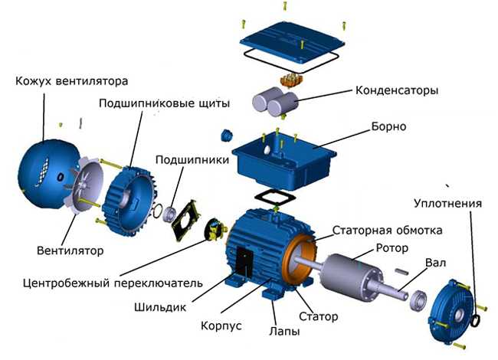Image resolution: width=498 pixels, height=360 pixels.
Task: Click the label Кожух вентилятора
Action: pos(71,81)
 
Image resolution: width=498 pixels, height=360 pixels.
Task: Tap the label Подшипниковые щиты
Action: pos(164,103)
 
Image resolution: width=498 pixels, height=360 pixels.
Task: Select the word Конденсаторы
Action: pos(397,90)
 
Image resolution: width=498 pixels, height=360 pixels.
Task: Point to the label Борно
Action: pos(388,126)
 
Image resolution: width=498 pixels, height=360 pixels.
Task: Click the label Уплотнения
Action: pos(448,203)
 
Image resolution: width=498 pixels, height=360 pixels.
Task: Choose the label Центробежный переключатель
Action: pos(113,283)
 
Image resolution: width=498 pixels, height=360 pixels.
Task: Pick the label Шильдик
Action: pos(160,307)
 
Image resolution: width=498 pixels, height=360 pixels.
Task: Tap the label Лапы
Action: pos(284,331)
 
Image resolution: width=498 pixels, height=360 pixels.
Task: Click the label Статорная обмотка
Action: pos(387,230)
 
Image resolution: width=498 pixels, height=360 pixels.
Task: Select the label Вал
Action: pos(436,263)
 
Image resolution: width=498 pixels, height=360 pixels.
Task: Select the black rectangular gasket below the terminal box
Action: pos(275,198)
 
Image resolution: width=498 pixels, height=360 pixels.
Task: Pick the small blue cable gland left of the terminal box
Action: pos(227,135)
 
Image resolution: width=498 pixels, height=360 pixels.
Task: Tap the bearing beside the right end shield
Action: pos(418,299)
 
